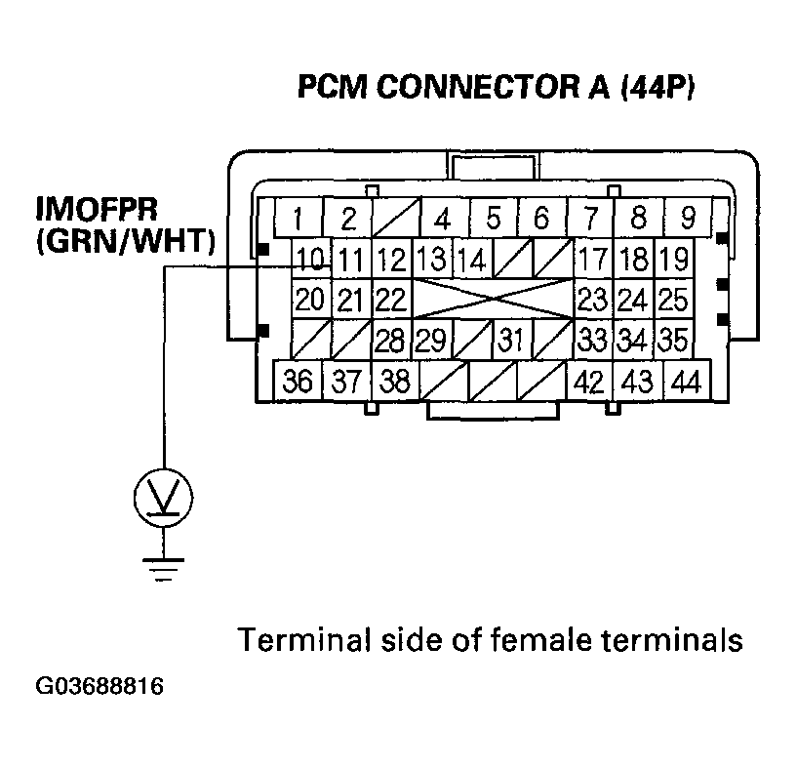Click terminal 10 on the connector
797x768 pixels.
coord(311,261)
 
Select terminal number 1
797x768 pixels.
coord(298,218)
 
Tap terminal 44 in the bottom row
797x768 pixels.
coord(686,381)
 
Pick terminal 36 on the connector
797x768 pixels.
coord(299,381)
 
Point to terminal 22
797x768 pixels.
coord(391,299)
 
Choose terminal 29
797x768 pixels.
coord(430,341)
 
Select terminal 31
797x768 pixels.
coord(510,341)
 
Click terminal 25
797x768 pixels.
coord(673,299)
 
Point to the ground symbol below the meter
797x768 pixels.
coord(163,568)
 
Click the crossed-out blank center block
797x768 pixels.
coord(492,299)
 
